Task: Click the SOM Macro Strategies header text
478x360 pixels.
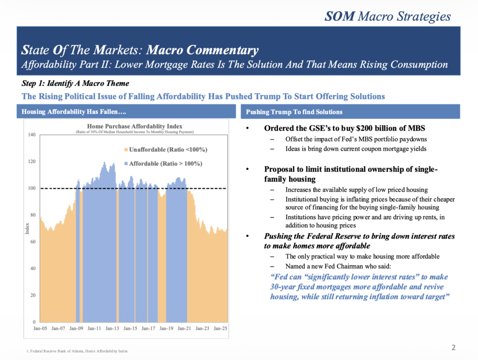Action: pos(387,16)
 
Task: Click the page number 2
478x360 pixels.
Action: pos(453,347)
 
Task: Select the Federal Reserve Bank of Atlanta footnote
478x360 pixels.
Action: pos(77,351)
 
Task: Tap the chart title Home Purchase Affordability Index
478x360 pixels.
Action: pos(135,126)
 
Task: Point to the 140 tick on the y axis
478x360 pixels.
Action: pos(32,135)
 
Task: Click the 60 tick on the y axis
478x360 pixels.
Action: pos(33,242)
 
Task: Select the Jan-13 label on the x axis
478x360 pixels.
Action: pos(112,329)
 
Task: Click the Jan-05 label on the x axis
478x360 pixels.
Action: pos(41,329)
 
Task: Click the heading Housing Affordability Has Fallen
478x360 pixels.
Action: pos(74,112)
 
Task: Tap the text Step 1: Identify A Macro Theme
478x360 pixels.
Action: pos(76,83)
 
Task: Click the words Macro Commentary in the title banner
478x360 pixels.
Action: pos(203,50)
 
